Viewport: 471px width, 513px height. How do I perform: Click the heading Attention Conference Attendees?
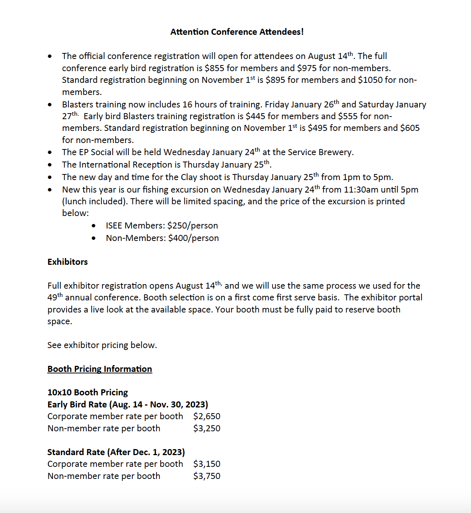click(x=237, y=32)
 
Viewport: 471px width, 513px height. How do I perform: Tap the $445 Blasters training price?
click(x=256, y=116)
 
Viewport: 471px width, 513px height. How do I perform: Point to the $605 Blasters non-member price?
click(x=410, y=128)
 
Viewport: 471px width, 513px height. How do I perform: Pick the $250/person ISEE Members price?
click(x=192, y=225)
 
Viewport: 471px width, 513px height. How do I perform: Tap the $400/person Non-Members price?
click(x=193, y=238)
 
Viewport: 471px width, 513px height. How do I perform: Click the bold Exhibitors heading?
click(x=68, y=262)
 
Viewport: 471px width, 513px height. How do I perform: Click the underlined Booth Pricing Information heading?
click(x=100, y=369)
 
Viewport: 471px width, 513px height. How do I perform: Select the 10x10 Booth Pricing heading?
click(x=88, y=392)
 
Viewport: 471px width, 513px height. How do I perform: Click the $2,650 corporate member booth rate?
click(x=207, y=416)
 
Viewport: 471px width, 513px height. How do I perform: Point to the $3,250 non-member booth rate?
click(x=207, y=428)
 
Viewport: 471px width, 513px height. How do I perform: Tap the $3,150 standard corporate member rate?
click(x=207, y=464)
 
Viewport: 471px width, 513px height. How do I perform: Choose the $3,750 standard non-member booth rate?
click(x=207, y=476)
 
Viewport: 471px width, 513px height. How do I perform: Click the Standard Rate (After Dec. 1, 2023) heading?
click(x=116, y=452)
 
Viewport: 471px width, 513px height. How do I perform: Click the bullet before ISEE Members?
click(x=94, y=226)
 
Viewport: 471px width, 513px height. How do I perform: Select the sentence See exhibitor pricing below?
click(x=102, y=345)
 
